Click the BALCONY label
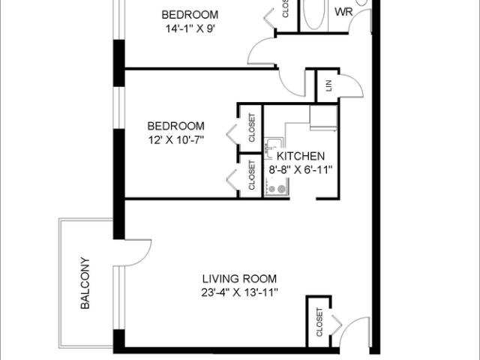(85, 284)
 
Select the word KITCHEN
(301, 156)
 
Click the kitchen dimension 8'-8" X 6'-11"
(300, 169)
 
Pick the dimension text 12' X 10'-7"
(176, 139)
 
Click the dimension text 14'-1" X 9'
(190, 29)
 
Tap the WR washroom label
(343, 11)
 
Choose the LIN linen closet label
(328, 85)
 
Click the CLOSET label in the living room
(319, 322)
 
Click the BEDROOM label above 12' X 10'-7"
(175, 125)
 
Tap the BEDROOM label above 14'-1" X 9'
(190, 15)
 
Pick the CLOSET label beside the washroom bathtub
(286, 9)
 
